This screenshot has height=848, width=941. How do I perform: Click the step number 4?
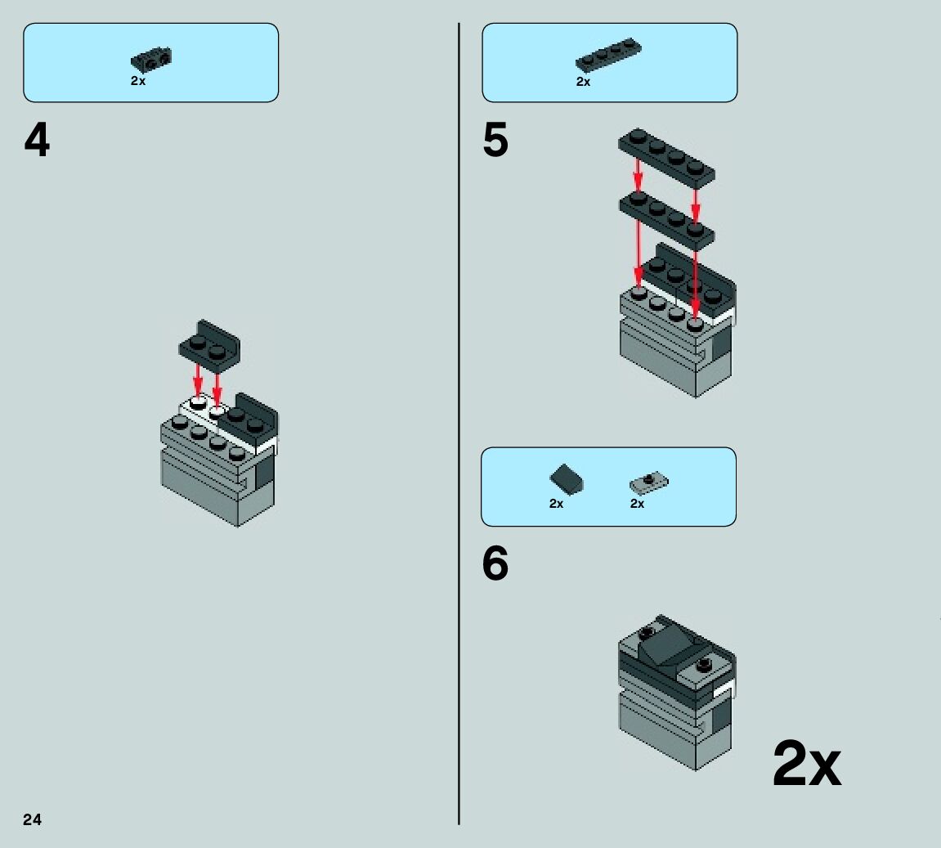point(37,141)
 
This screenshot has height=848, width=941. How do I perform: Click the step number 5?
point(495,141)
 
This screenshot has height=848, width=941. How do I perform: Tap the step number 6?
point(495,563)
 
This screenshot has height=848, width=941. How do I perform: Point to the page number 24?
point(32,819)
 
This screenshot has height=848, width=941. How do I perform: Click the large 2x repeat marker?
point(806,764)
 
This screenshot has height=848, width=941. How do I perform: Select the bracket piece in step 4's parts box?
point(151,60)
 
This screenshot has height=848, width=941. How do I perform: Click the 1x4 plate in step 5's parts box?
point(608,55)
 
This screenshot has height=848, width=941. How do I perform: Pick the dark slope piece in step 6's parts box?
point(567,479)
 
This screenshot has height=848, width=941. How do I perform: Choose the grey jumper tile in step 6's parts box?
point(649,482)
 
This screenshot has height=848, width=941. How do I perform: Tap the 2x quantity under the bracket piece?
point(138,81)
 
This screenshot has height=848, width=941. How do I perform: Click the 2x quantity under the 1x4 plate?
point(583,82)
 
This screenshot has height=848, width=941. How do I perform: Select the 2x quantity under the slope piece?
point(556,504)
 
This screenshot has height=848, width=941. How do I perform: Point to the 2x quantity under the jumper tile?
point(637,504)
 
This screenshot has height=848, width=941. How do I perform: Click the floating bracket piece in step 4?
point(210,341)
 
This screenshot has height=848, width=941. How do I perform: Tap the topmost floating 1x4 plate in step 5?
point(666,155)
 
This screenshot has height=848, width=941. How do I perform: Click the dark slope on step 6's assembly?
point(670,644)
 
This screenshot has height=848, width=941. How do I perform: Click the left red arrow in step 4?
point(198,379)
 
